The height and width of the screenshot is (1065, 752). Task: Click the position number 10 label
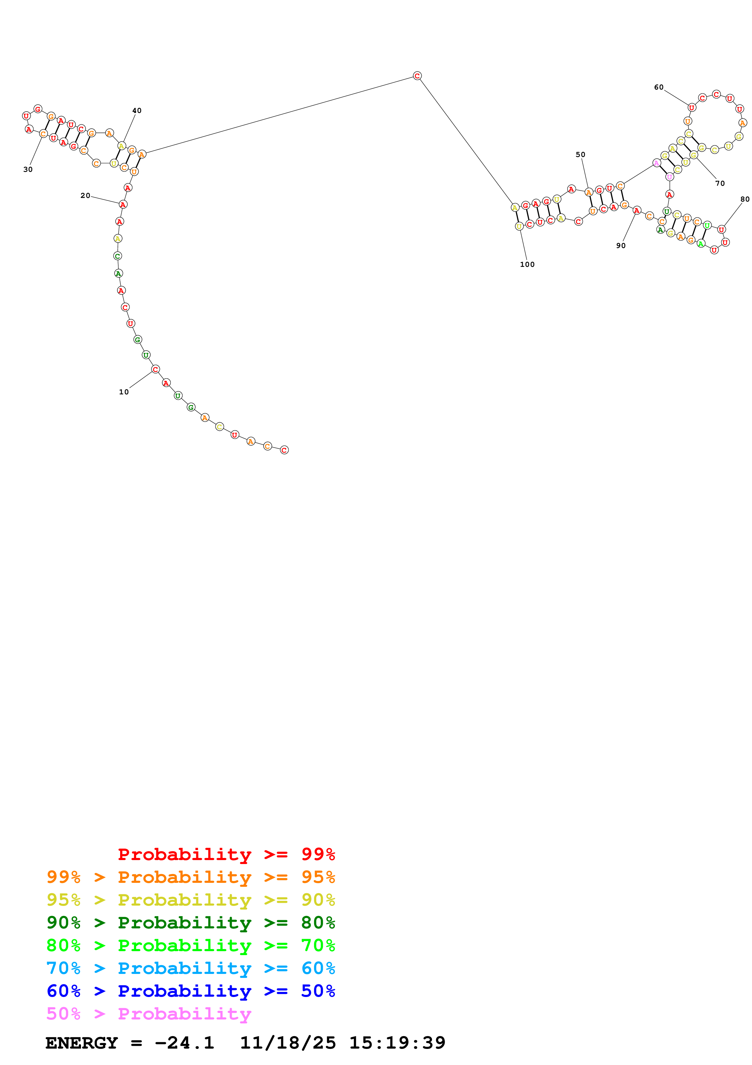pos(124,392)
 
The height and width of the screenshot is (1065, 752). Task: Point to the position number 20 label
pos(85,196)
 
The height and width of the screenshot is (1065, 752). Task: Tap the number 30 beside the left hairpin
pos(28,170)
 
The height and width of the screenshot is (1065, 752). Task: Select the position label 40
pos(137,111)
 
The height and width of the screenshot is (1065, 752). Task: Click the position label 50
pos(580,155)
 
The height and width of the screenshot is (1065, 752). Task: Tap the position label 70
pos(720,184)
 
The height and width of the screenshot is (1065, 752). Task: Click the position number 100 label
pos(527,265)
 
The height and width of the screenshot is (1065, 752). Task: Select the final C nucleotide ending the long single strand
pos(284,450)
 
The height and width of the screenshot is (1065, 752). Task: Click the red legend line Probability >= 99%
pos(226,854)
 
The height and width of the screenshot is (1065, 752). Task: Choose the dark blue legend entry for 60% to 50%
pos(191,991)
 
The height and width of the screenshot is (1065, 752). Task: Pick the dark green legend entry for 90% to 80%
pos(191,923)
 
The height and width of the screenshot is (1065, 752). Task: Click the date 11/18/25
pos(287,1043)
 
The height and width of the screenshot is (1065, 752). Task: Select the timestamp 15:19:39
pos(397,1043)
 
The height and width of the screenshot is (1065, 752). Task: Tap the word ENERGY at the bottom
pos(82,1043)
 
